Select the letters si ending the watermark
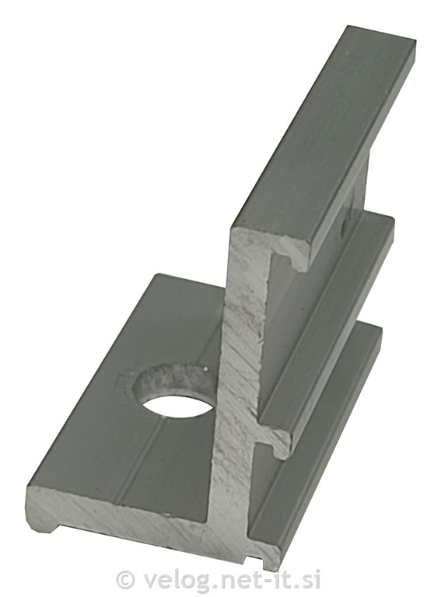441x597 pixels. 311,580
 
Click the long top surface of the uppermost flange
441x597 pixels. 323,130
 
